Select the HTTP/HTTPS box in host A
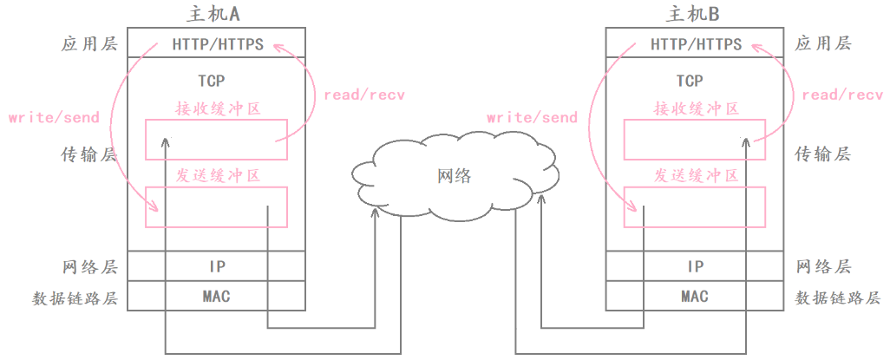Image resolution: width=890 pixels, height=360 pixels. coord(217,43)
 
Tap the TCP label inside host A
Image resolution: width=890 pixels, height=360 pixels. coord(211,82)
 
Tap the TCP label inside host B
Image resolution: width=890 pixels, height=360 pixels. coord(690,82)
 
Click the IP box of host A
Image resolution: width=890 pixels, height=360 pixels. coord(217,266)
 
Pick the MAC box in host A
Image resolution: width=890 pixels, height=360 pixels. coord(217,297)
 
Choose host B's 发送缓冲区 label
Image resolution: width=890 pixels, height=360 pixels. coord(696,176)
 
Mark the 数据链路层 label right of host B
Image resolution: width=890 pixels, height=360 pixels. coord(838,298)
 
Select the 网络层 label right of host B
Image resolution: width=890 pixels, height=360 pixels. coord(823,266)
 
